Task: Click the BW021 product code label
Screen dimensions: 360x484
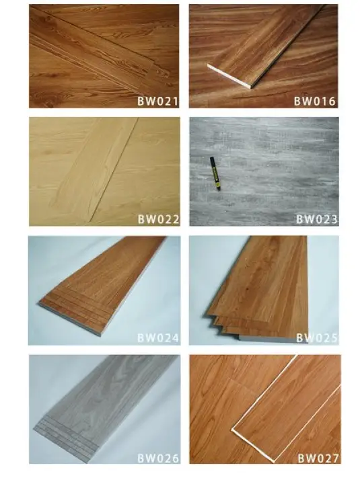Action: (x=158, y=102)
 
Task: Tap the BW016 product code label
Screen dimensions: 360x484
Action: (x=314, y=102)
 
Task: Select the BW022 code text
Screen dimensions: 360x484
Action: (x=159, y=219)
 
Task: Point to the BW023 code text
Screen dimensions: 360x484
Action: (x=317, y=219)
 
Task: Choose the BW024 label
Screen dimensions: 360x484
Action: (x=158, y=337)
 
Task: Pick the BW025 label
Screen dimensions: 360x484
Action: (x=317, y=338)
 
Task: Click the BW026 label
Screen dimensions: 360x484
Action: (x=158, y=458)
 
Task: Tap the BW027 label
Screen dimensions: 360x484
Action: (x=318, y=458)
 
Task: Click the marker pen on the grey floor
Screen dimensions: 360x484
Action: (x=215, y=173)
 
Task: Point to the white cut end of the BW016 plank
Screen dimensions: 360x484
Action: (x=229, y=76)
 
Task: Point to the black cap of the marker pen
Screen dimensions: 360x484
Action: (x=212, y=160)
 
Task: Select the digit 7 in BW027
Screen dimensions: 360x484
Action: (x=335, y=458)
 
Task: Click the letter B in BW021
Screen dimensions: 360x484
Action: (x=141, y=102)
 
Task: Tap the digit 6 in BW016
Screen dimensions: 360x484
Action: (x=332, y=102)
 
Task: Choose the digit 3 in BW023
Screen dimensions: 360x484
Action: (x=334, y=219)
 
